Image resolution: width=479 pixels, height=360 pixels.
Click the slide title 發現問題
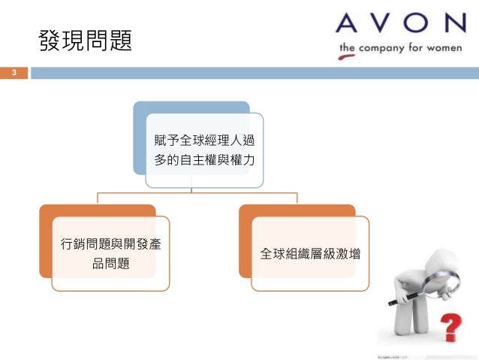tap(85, 41)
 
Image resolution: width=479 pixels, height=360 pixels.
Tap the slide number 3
tap(13, 73)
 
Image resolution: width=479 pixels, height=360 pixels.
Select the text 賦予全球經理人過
tap(204, 140)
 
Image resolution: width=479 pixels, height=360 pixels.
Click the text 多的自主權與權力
tap(204, 160)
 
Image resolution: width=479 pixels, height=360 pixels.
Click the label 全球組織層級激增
tap(310, 254)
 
